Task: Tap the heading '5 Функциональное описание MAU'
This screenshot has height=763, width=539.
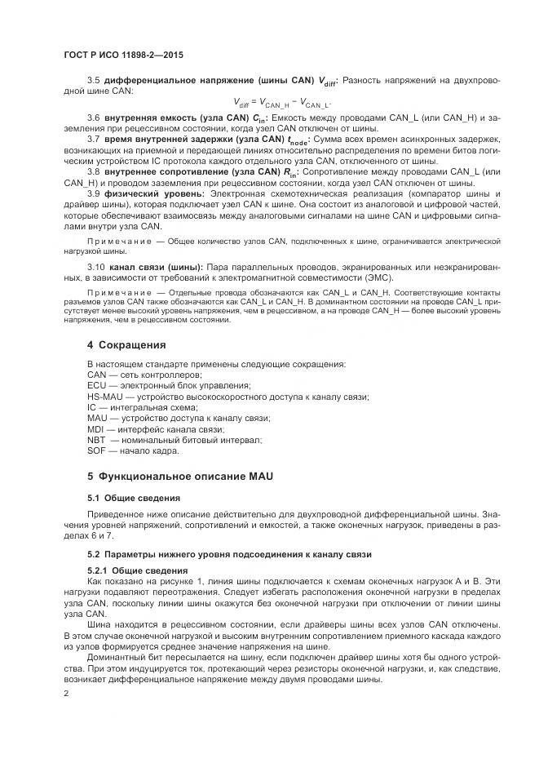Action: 157,474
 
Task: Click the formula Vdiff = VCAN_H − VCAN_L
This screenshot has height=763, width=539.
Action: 281,103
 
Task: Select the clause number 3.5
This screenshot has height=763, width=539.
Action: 93,80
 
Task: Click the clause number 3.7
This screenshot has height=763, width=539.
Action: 93,140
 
